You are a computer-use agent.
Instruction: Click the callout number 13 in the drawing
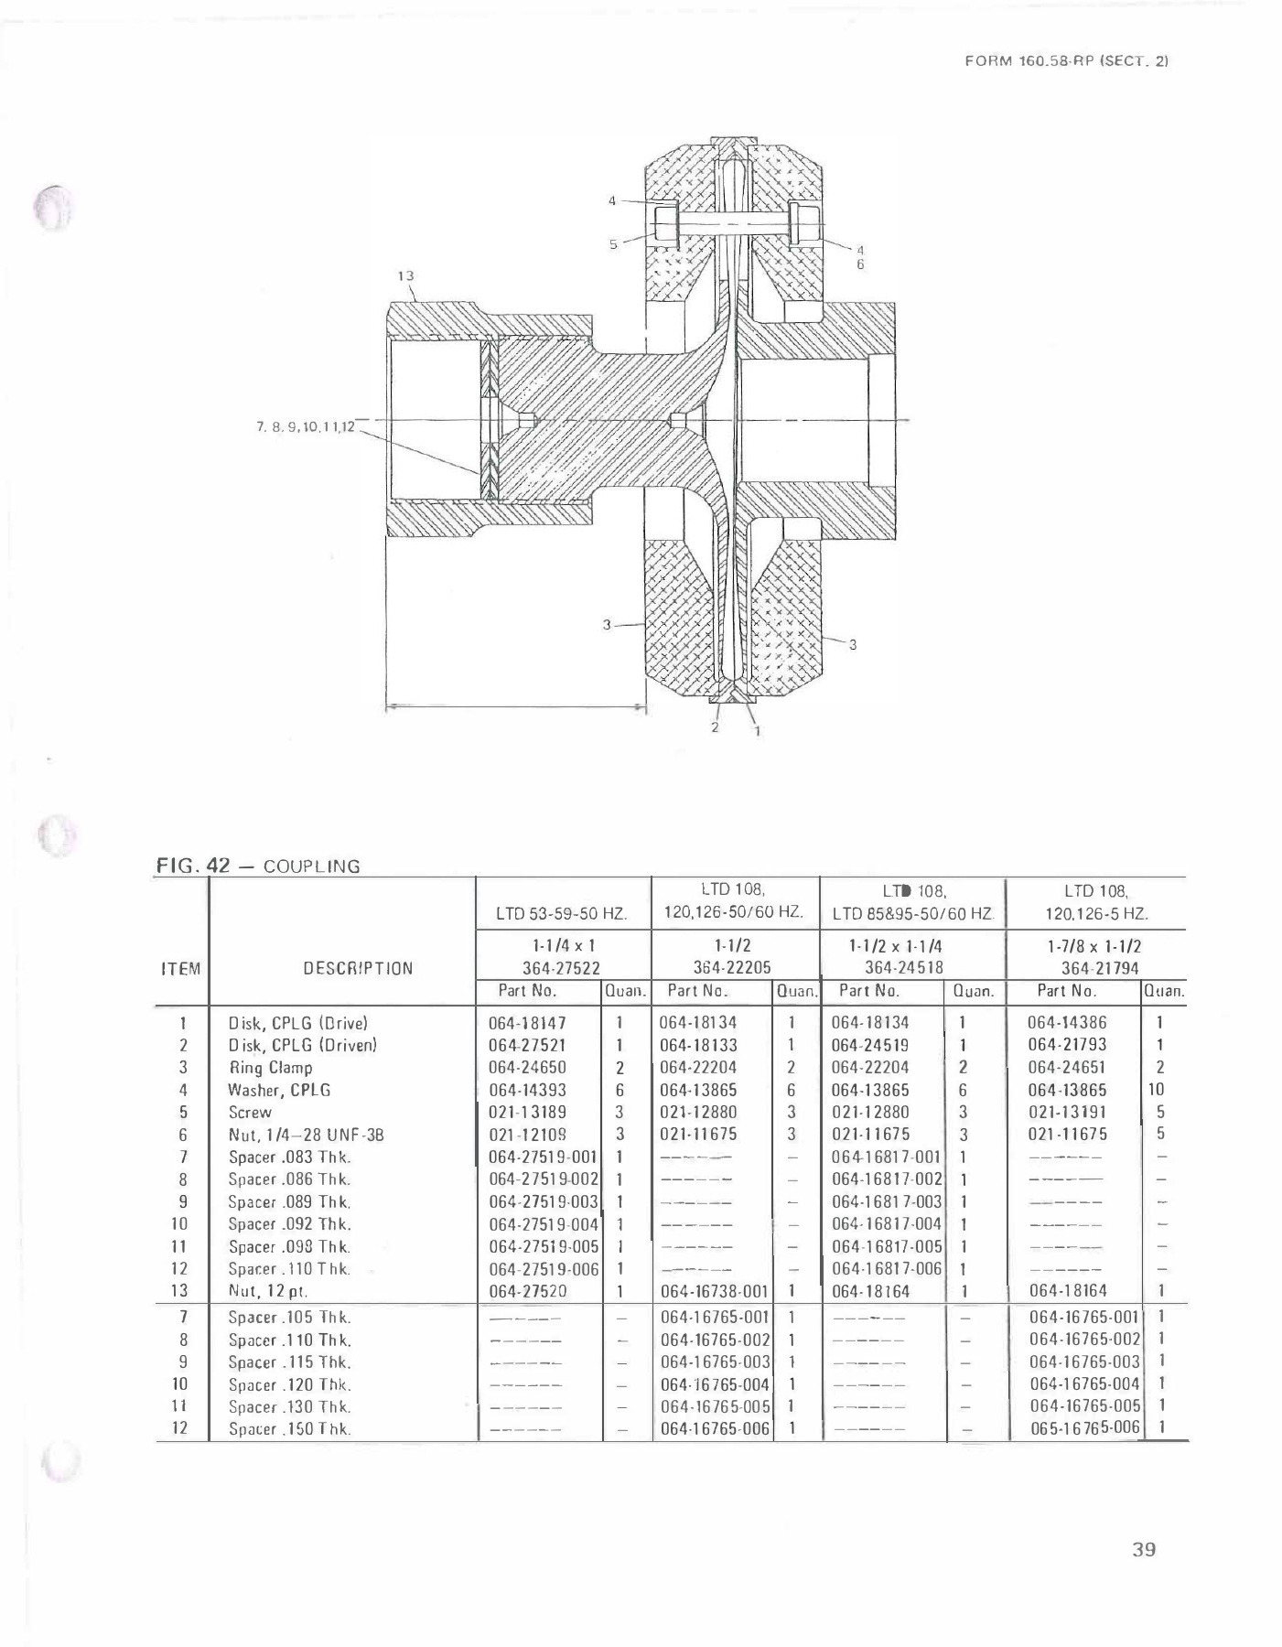405,274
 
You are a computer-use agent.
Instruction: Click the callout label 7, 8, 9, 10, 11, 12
305,426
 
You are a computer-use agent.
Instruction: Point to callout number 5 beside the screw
613,243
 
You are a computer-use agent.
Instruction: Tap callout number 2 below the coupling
715,727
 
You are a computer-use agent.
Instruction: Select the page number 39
1144,1549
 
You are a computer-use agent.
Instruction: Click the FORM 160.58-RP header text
1067,60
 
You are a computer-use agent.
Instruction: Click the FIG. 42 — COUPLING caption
258,866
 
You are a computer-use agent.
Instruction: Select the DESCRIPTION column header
358,968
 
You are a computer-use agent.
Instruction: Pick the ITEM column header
181,968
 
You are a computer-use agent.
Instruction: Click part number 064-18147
527,1023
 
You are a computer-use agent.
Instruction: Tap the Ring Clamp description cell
270,1068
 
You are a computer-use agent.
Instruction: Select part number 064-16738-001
714,1291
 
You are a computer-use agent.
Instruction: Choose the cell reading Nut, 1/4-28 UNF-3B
305,1135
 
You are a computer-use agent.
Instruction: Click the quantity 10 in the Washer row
1157,1090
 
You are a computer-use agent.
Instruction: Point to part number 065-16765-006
1084,1428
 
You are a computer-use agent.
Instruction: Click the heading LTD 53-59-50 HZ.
561,913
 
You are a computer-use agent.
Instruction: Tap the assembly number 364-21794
1100,968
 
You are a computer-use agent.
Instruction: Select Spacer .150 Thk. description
289,1429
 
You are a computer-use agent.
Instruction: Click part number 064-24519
869,1045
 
